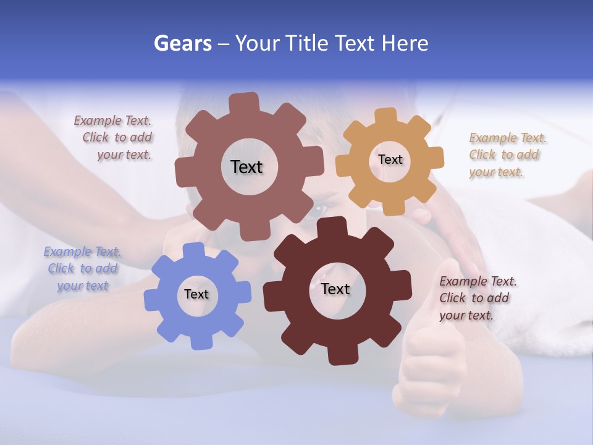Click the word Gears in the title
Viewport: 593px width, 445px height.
point(182,44)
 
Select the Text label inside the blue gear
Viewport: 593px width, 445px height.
point(196,295)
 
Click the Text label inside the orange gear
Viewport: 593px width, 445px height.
point(390,159)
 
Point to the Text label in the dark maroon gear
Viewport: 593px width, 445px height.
point(335,289)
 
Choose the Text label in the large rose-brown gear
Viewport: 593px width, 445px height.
point(246,167)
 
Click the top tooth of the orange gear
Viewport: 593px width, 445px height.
point(385,117)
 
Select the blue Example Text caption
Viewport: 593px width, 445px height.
point(83,269)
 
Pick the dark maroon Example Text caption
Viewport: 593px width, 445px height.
point(477,298)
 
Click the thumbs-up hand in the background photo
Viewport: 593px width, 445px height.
point(432,358)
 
